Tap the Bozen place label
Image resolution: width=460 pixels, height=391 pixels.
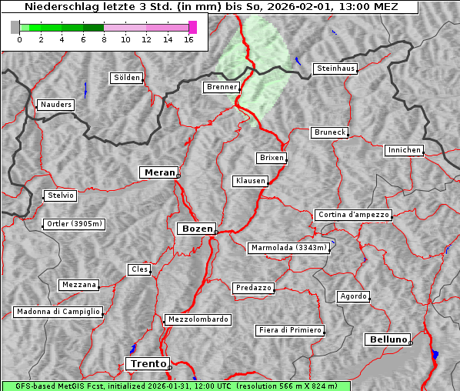[x=196, y=229]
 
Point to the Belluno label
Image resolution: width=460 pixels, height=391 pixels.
[x=388, y=339]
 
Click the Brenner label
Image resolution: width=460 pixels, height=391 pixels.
[x=222, y=87]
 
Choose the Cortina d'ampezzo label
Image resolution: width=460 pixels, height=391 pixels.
[x=353, y=215]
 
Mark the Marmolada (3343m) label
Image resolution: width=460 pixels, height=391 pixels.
[x=289, y=248]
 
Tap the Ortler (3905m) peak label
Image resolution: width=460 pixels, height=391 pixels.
[x=72, y=225]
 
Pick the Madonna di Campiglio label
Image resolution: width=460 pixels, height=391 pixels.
[x=58, y=312]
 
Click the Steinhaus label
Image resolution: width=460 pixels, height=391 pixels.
[x=336, y=69]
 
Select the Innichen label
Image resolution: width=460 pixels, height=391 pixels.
[x=404, y=150]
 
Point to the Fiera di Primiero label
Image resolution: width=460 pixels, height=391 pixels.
[x=289, y=330]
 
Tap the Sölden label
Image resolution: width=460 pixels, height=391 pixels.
[x=127, y=78]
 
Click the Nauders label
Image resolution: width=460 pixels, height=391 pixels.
[x=55, y=105]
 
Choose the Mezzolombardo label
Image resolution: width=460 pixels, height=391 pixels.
[x=197, y=319]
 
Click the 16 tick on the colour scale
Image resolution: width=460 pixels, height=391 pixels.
[x=188, y=39]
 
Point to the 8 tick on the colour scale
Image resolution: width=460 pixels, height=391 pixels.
[x=104, y=39]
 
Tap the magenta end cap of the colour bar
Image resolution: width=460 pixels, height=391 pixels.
[x=192, y=27]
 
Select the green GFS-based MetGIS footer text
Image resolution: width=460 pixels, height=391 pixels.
[x=175, y=386]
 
